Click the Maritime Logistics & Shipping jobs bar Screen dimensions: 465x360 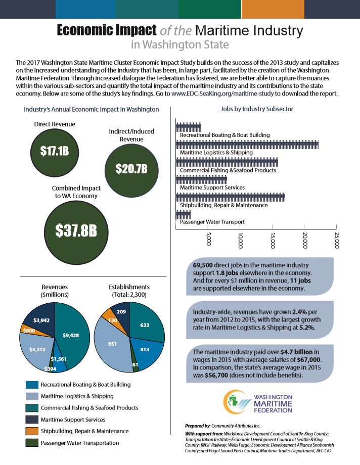point(247,145)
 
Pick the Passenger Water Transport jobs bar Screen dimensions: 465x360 point(183,215)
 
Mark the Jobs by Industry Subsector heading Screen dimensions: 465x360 point(257,109)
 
